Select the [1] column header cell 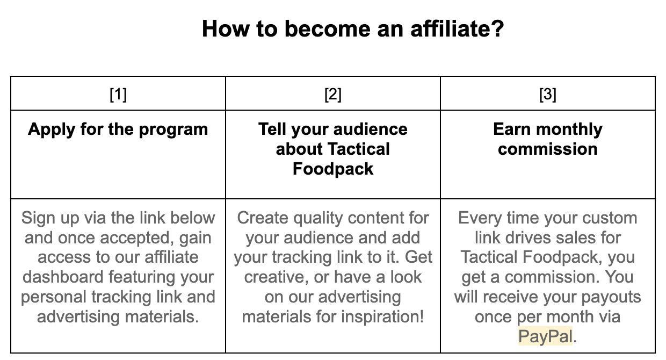pos(118,95)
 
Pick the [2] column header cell pos(333,95)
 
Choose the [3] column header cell pos(548,95)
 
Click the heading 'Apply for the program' pos(118,129)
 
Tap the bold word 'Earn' pos(513,129)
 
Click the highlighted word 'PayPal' pos(546,336)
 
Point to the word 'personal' pos(54,297)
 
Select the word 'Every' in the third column pos(481,218)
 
